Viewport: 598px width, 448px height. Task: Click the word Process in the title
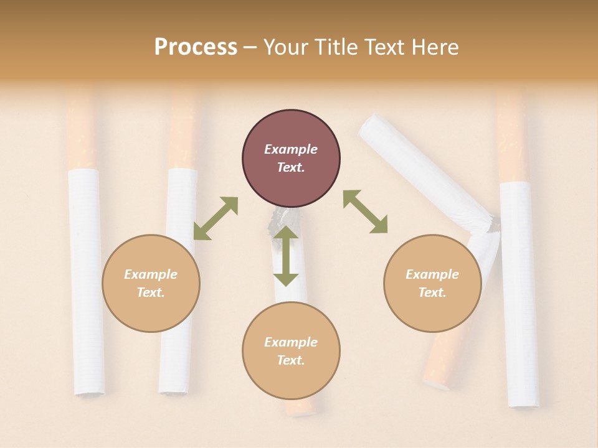coord(196,47)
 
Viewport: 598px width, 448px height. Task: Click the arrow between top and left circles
coord(216,218)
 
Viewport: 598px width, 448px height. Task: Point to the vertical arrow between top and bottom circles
coord(286,256)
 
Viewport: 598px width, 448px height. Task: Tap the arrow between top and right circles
coord(366,212)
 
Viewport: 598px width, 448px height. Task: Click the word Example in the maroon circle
coord(291,149)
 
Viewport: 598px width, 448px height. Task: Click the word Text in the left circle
coord(151,292)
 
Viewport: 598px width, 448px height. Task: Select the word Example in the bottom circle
coord(291,342)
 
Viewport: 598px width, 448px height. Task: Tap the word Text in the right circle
coord(432,292)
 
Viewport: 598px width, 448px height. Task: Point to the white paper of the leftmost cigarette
coord(86,280)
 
